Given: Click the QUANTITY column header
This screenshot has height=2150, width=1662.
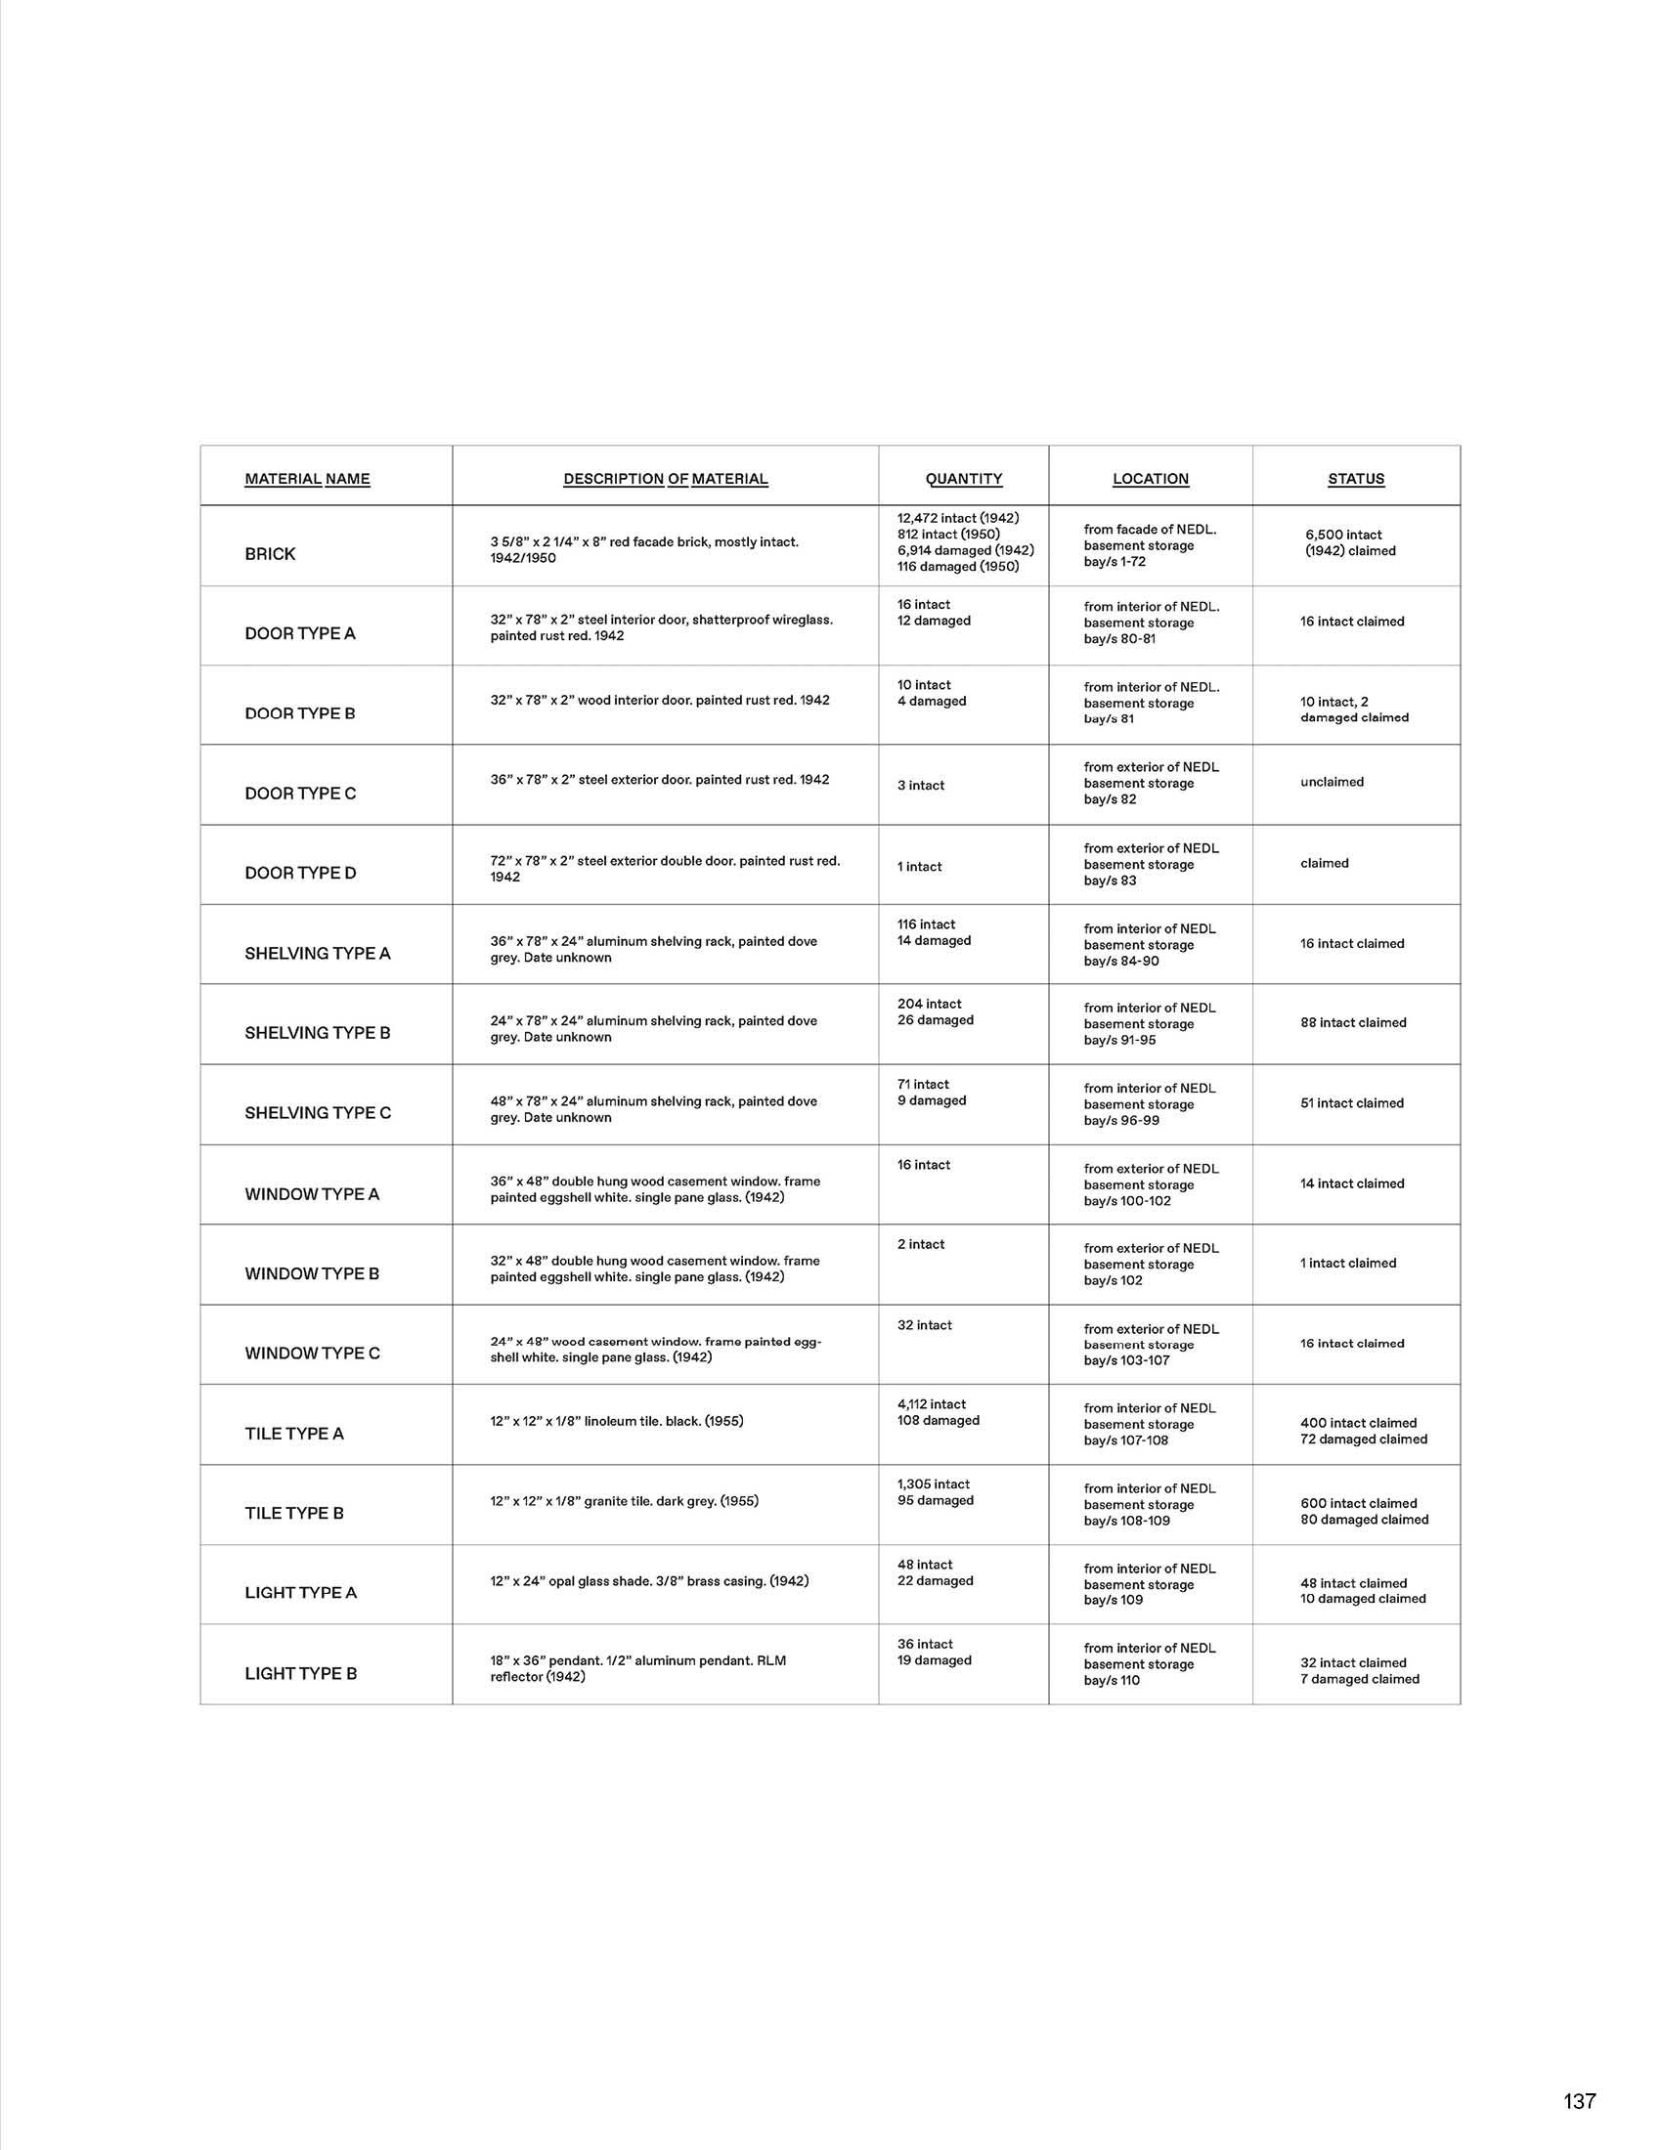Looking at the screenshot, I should click(x=963, y=479).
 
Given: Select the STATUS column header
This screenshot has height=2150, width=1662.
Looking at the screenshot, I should click(x=1356, y=479).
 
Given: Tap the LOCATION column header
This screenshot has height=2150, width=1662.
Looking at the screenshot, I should click(x=1150, y=479).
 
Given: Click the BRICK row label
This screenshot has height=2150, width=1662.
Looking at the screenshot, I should click(x=270, y=554).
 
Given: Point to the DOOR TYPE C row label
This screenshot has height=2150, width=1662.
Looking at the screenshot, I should click(x=300, y=794).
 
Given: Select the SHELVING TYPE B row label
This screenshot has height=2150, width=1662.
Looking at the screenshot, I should click(x=317, y=1033).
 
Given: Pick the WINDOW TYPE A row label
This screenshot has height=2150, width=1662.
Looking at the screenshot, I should click(x=311, y=1194).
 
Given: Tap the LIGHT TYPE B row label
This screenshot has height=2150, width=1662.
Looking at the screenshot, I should click(x=300, y=1673).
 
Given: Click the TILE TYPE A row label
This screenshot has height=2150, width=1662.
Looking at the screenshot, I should click(x=294, y=1434).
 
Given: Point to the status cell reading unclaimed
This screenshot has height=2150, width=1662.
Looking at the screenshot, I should click(x=1332, y=782).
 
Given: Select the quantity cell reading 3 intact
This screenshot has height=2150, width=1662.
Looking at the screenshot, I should click(x=920, y=786).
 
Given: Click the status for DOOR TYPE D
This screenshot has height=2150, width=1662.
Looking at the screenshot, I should click(x=1325, y=863).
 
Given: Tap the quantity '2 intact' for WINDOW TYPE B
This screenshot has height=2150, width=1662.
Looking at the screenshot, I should click(x=921, y=1244).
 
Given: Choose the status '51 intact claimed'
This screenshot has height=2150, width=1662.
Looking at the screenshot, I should click(x=1351, y=1103).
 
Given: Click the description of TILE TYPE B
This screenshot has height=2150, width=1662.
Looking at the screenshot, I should click(x=625, y=1501).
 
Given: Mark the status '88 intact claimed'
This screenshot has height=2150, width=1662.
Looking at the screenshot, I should click(x=1353, y=1023).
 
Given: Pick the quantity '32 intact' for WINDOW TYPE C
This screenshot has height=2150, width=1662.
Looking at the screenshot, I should click(x=924, y=1325).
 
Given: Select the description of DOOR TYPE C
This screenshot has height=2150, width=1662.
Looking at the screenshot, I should click(x=660, y=780).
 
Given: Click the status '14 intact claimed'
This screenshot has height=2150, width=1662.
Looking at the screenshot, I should click(x=1352, y=1183).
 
